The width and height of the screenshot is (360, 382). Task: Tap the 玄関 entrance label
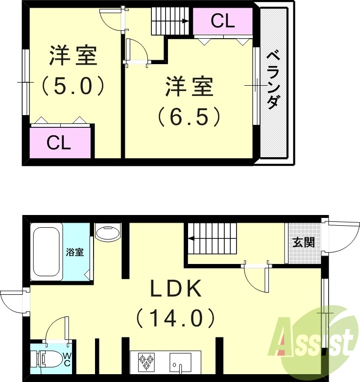(304, 242)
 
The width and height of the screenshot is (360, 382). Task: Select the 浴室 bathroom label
(75, 252)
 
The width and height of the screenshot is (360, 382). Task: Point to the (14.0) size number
(175, 318)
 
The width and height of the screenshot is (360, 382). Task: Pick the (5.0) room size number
(72, 87)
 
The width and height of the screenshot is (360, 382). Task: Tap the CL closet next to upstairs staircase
(223, 21)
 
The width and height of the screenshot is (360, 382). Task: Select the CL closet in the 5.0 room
(60, 143)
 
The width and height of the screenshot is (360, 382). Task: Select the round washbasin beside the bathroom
(108, 232)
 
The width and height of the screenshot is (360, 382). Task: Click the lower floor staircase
(212, 239)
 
